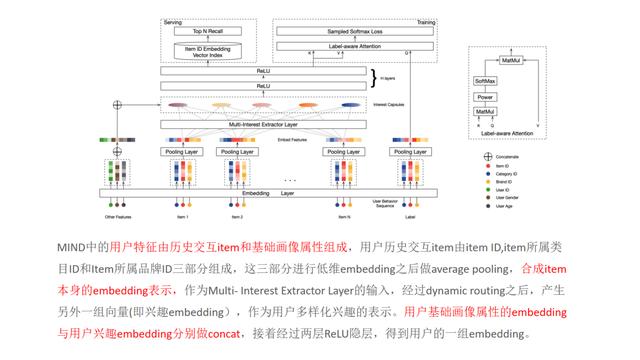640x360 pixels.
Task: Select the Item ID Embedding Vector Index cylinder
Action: (x=209, y=53)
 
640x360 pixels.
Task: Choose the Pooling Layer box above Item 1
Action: (x=181, y=151)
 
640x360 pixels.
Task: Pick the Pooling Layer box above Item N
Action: (x=347, y=151)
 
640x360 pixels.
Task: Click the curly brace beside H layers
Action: (x=374, y=77)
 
